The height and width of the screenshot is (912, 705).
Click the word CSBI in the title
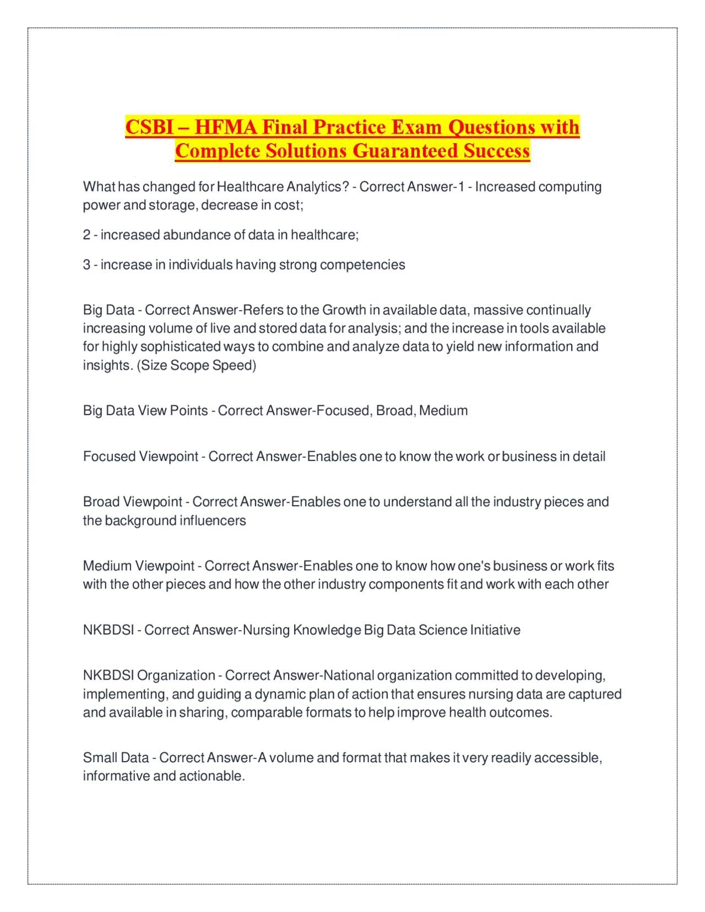(149, 127)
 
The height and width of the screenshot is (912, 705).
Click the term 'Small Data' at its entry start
(116, 758)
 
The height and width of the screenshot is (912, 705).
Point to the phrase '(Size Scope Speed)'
(196, 365)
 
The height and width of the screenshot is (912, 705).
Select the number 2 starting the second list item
(86, 235)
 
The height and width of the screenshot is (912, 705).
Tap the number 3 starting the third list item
(86, 265)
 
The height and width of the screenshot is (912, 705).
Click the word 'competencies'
(362, 265)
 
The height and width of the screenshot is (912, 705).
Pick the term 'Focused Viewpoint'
(140, 457)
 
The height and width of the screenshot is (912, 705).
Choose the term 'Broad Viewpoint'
(132, 502)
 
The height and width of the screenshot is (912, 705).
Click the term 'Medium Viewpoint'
(138, 566)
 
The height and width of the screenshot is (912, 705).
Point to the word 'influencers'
(213, 520)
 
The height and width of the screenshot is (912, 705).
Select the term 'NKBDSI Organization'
(149, 676)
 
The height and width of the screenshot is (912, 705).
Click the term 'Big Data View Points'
(145, 411)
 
